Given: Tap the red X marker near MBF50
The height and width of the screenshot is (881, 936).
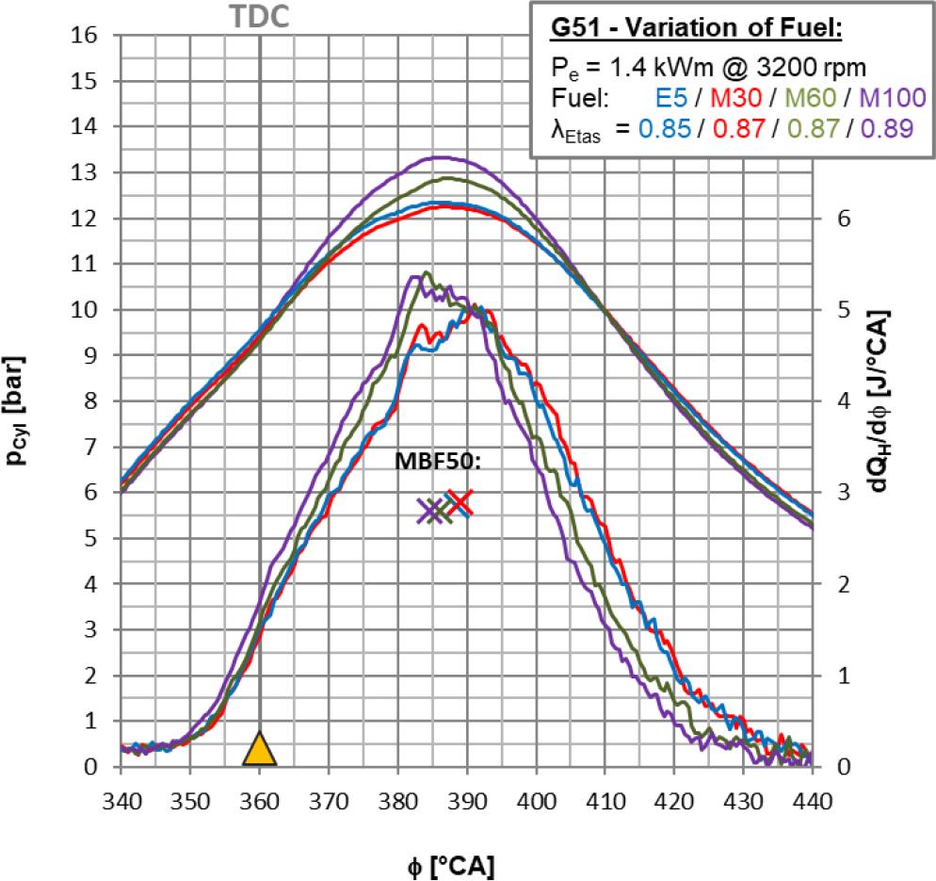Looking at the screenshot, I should pos(460,504).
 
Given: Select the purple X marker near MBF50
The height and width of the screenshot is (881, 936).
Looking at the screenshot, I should pos(430,511).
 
